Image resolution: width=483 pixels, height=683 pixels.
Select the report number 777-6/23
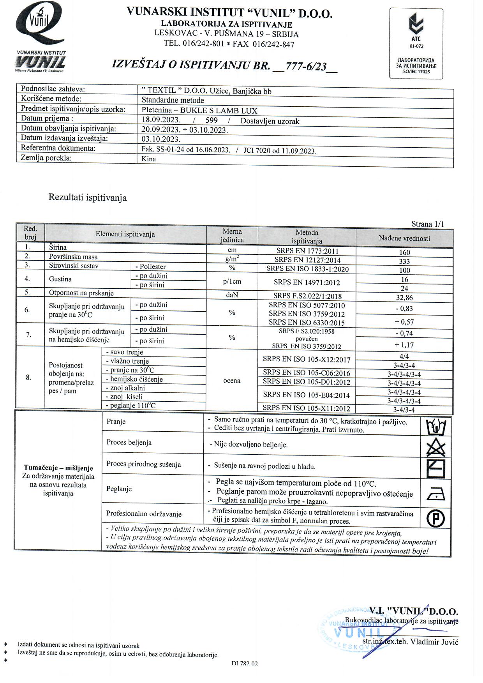coord(305,66)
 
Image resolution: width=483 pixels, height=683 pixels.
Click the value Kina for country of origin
coord(149,159)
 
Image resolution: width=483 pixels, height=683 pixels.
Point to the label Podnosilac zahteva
coord(53,89)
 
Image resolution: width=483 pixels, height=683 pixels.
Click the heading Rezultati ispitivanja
coord(88,198)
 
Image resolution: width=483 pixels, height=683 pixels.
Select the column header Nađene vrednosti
coord(404,238)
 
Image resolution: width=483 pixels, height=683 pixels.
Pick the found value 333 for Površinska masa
coord(404,261)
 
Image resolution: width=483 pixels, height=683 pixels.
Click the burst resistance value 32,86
coord(404,298)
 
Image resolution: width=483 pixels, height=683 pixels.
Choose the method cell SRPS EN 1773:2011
coord(307,251)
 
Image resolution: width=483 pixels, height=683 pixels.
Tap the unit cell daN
coord(232,295)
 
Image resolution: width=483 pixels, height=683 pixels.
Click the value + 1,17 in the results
coord(404,345)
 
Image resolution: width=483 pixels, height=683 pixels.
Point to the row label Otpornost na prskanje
coord(81,293)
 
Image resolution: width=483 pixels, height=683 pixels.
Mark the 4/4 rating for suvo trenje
coord(404,356)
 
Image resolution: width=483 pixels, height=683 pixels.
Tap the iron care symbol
coord(436,495)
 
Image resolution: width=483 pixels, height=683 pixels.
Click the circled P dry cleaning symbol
coord(436,518)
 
